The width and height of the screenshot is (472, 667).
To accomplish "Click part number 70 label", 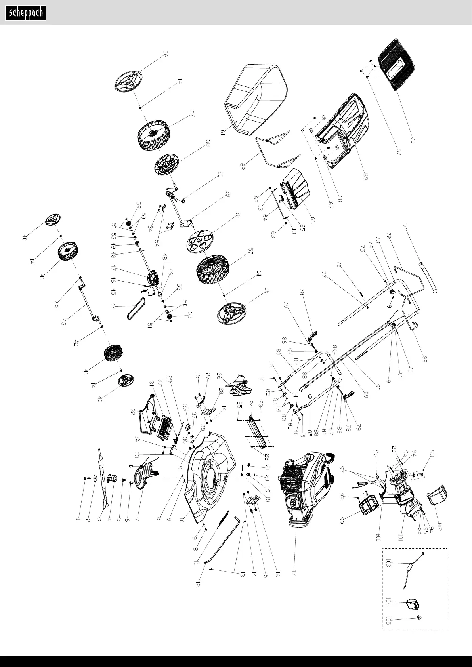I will pyautogui.click(x=413, y=140).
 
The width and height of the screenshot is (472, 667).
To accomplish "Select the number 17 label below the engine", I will pyautogui.click(x=294, y=573).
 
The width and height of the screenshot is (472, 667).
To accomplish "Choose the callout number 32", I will pyautogui.click(x=133, y=412).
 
